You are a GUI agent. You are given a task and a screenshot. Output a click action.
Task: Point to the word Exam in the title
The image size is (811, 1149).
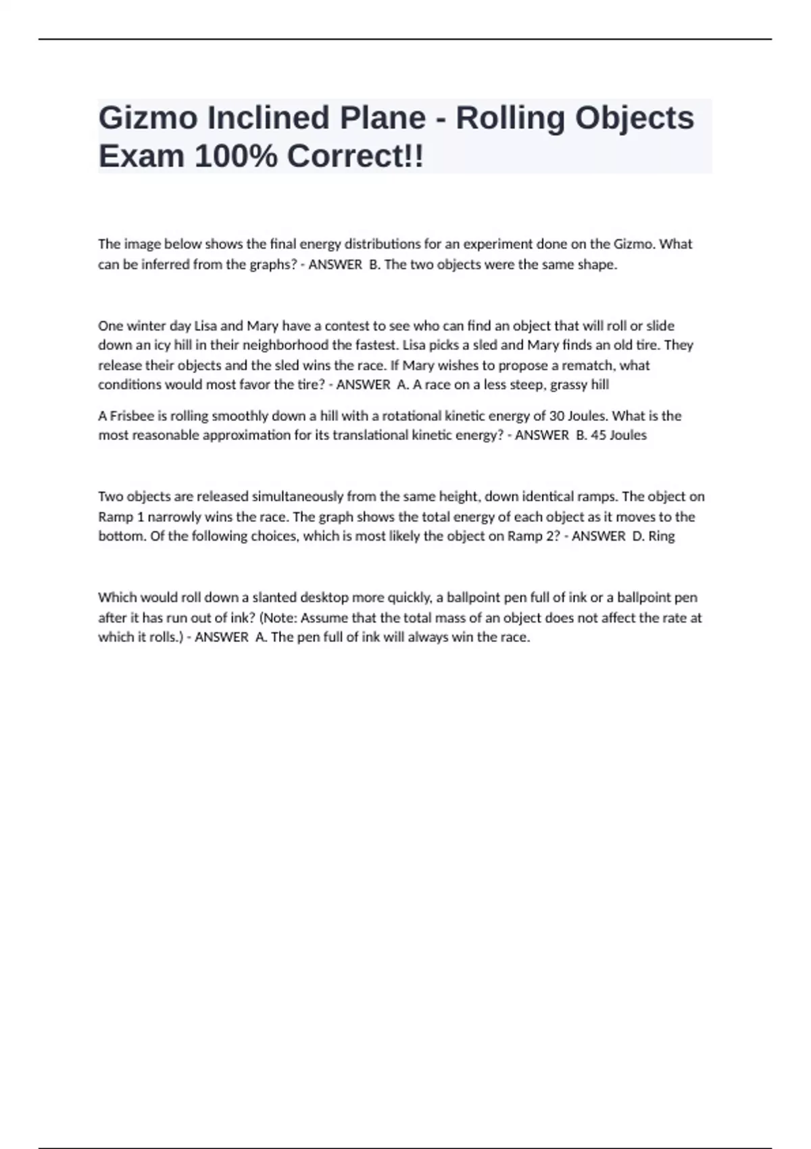click(x=141, y=157)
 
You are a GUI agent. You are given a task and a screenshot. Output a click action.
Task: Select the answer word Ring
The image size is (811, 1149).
click(x=662, y=537)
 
